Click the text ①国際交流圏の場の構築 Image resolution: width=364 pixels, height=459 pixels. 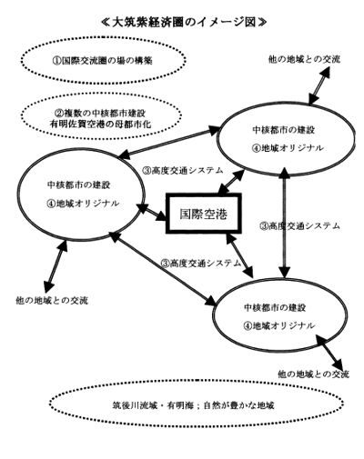[102, 61]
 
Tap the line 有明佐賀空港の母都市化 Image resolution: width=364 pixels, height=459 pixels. [101, 125]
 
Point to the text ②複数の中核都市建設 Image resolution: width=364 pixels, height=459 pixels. [100, 114]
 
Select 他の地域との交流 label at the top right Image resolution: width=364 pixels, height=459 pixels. [304, 59]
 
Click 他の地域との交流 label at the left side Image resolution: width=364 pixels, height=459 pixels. [52, 301]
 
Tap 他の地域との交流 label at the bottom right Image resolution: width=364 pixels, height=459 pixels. [314, 374]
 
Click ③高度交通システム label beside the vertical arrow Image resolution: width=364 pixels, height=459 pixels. [300, 225]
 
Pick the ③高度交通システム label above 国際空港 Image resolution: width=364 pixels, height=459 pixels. [183, 170]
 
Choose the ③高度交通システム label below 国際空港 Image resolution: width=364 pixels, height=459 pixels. [201, 263]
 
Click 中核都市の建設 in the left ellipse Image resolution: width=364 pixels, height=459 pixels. [78, 185]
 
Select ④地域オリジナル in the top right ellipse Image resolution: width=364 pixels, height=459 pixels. [288, 148]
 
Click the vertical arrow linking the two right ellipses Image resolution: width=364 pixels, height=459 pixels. [285, 223]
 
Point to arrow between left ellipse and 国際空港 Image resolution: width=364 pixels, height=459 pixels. [152, 212]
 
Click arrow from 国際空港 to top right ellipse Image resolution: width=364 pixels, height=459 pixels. [232, 182]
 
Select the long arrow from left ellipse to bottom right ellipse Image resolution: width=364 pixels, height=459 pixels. [164, 268]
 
